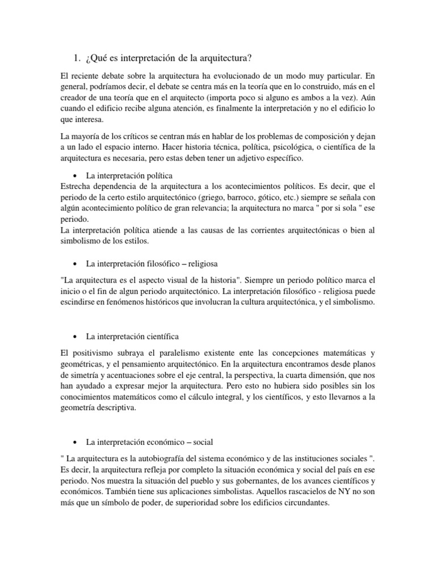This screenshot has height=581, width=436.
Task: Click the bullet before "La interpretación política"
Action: pyautogui.click(x=76, y=176)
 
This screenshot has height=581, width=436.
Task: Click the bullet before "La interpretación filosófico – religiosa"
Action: pyautogui.click(x=76, y=264)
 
